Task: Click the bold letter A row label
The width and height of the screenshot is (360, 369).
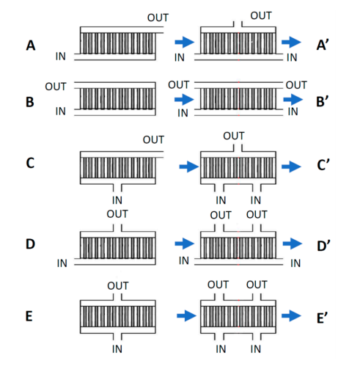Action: click(31, 45)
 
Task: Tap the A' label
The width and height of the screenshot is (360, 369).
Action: click(323, 45)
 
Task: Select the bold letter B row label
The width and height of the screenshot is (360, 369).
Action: click(30, 102)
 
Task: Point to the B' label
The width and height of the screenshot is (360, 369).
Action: click(323, 101)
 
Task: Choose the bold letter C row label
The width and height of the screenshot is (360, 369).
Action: click(30, 163)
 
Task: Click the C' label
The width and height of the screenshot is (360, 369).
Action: click(323, 164)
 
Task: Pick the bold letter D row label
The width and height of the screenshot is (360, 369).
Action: click(30, 244)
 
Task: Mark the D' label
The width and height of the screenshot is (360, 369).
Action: click(323, 246)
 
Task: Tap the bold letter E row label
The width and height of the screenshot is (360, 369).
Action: click(29, 316)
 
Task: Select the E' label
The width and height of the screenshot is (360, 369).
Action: click(323, 318)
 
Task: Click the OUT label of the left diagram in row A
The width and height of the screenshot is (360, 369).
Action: click(158, 18)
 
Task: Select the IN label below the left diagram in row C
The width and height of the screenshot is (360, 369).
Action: click(117, 200)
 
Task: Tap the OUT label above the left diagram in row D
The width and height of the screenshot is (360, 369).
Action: click(117, 214)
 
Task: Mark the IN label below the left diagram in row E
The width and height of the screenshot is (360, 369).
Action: click(117, 349)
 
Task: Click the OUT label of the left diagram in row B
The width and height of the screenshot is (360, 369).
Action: click(56, 87)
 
